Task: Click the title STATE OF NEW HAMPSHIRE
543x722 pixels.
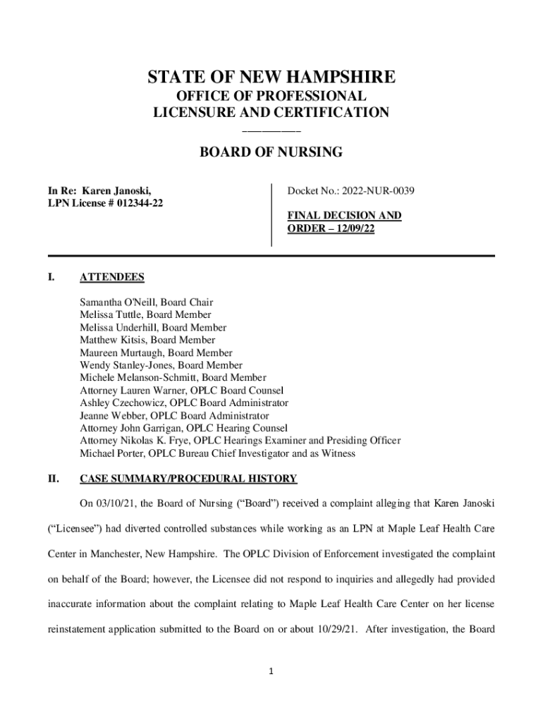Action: coord(271,77)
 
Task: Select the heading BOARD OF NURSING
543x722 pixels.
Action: coord(271,152)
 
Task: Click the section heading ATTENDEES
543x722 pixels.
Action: coord(112,277)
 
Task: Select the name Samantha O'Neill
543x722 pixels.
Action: coord(116,302)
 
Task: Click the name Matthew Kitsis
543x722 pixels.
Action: coord(112,340)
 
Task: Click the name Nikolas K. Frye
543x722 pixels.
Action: coord(158,441)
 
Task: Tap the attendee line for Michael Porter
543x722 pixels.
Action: coord(217,453)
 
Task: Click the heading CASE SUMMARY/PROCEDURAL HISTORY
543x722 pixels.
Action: coord(188,479)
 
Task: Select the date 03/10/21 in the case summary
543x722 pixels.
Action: coord(115,504)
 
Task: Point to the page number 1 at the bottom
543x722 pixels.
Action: coord(271,671)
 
